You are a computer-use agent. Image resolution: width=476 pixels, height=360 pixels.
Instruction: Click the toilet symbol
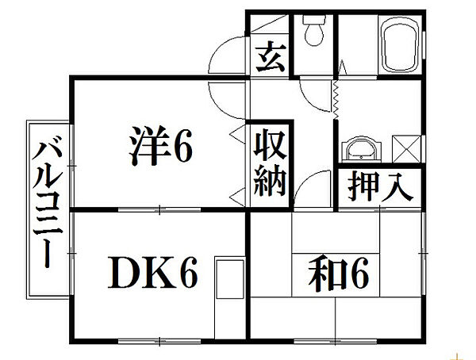314,30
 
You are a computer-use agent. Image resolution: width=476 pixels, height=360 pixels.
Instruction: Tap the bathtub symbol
401,44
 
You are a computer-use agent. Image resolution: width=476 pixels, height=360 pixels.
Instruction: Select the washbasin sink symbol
360,149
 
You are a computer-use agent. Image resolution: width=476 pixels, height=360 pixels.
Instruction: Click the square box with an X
406,149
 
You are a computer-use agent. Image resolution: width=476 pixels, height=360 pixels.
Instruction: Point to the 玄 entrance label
271,58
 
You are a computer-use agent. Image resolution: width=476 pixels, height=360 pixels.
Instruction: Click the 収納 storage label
270,163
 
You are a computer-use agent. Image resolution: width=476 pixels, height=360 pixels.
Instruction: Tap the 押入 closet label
380,187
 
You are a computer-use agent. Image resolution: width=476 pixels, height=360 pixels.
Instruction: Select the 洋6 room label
161,146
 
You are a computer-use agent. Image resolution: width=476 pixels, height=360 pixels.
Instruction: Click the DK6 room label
152,273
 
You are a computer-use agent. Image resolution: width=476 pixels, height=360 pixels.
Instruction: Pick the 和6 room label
339,274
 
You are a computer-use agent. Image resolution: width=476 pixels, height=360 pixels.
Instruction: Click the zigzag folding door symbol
336,100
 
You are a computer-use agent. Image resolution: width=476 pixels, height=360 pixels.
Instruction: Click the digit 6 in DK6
188,273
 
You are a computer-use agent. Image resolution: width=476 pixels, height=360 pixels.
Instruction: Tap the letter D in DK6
124,273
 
